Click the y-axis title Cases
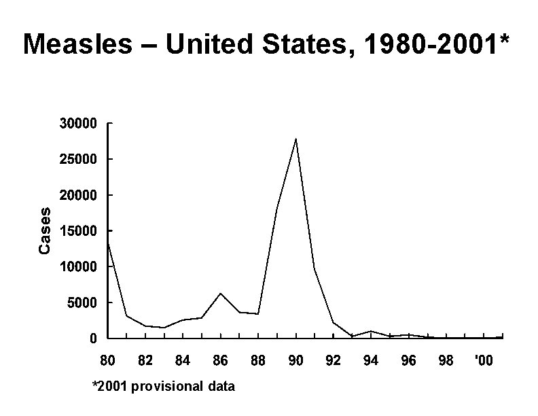[x=45, y=231]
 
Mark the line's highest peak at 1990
[x=295, y=139]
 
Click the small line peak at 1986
[x=220, y=294]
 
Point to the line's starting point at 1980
[x=108, y=243]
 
